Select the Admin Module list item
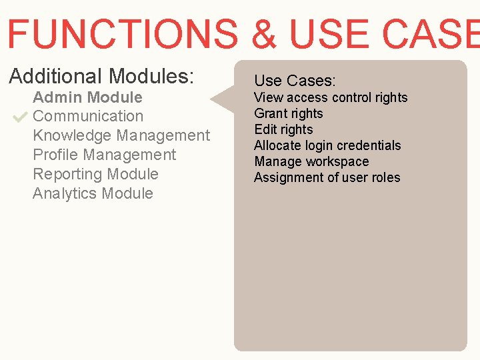point(87,97)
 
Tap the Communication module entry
point(88,116)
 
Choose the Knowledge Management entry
point(121,135)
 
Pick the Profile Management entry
point(104,155)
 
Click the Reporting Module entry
point(95,174)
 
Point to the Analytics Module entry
point(93,193)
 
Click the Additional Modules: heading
point(101,76)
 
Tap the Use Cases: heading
point(295,81)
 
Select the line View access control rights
point(331,97)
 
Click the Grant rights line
point(289,113)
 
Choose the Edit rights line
point(283,129)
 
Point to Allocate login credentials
point(327,145)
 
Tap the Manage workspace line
point(311,161)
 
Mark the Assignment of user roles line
point(327,177)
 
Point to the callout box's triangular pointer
point(223,100)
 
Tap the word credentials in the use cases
point(369,145)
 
